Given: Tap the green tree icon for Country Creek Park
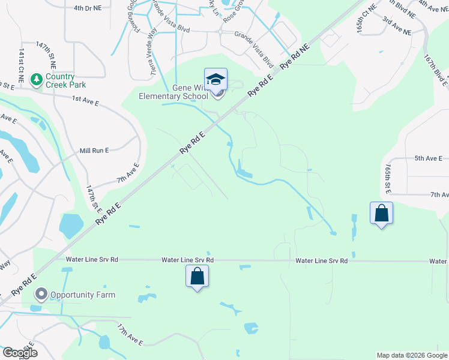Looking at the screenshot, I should tap(36, 79).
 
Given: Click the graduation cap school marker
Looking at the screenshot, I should tap(215, 80).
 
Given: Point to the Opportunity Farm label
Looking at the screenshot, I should tap(82, 295).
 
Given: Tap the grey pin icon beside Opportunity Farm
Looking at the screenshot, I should tap(41, 295).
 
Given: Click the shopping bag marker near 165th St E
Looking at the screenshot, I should tap(381, 214).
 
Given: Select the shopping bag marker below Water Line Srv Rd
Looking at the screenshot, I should tap(197, 277).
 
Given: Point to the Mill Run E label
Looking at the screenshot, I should tap(94, 151).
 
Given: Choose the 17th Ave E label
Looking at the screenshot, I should tap(130, 336).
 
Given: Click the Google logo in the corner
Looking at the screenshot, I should tap(19, 352).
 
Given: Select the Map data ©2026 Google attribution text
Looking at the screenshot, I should tap(411, 355).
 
